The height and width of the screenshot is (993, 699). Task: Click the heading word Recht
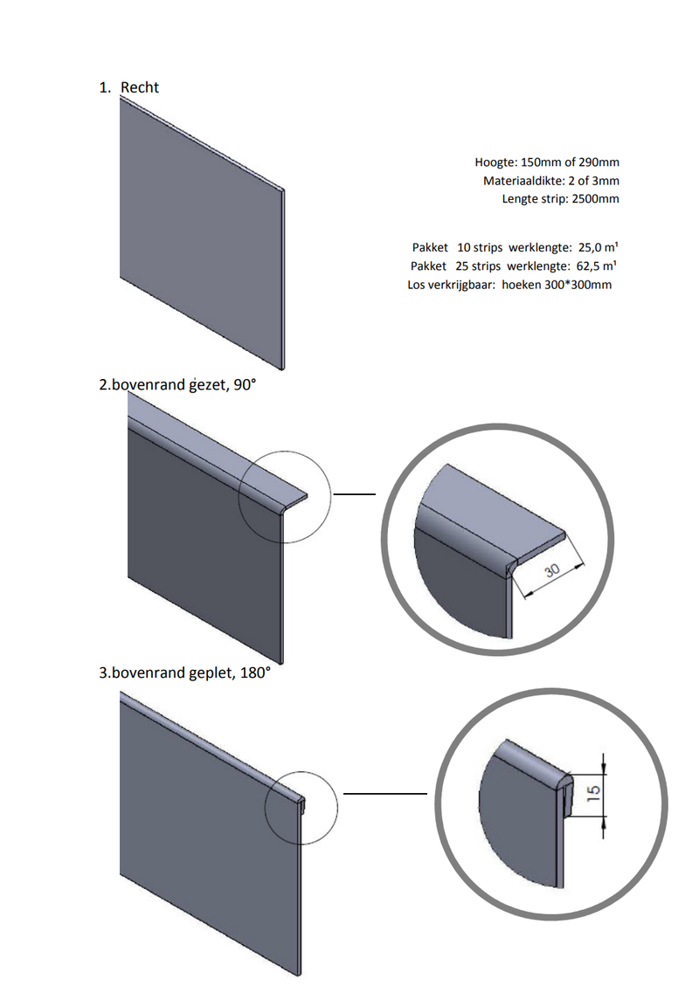pos(140,87)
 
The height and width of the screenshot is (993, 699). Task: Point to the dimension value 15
pos(593,793)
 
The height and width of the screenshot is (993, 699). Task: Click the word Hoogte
pos(495,162)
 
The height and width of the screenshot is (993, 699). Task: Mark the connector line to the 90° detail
pos(355,493)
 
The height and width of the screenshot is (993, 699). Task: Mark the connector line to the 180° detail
pos(384,794)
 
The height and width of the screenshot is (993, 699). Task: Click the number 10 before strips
pos(464,247)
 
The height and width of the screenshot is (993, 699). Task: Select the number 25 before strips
pos(464,265)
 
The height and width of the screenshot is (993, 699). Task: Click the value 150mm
pos(541,162)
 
